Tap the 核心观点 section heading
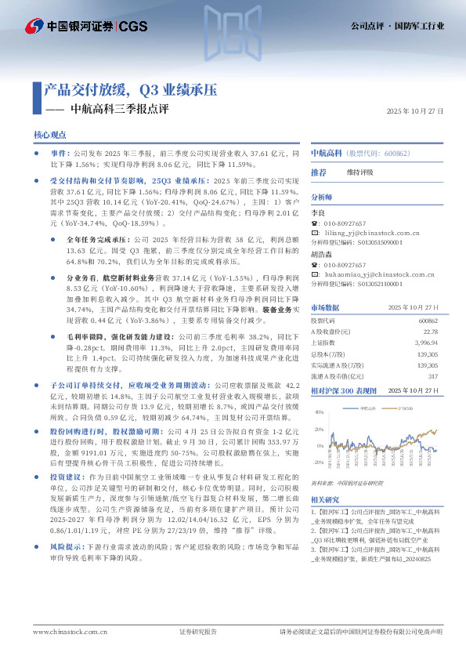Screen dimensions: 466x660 pos(50,136)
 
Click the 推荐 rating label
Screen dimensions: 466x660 pos(319,172)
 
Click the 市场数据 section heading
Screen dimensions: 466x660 pos(325,307)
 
